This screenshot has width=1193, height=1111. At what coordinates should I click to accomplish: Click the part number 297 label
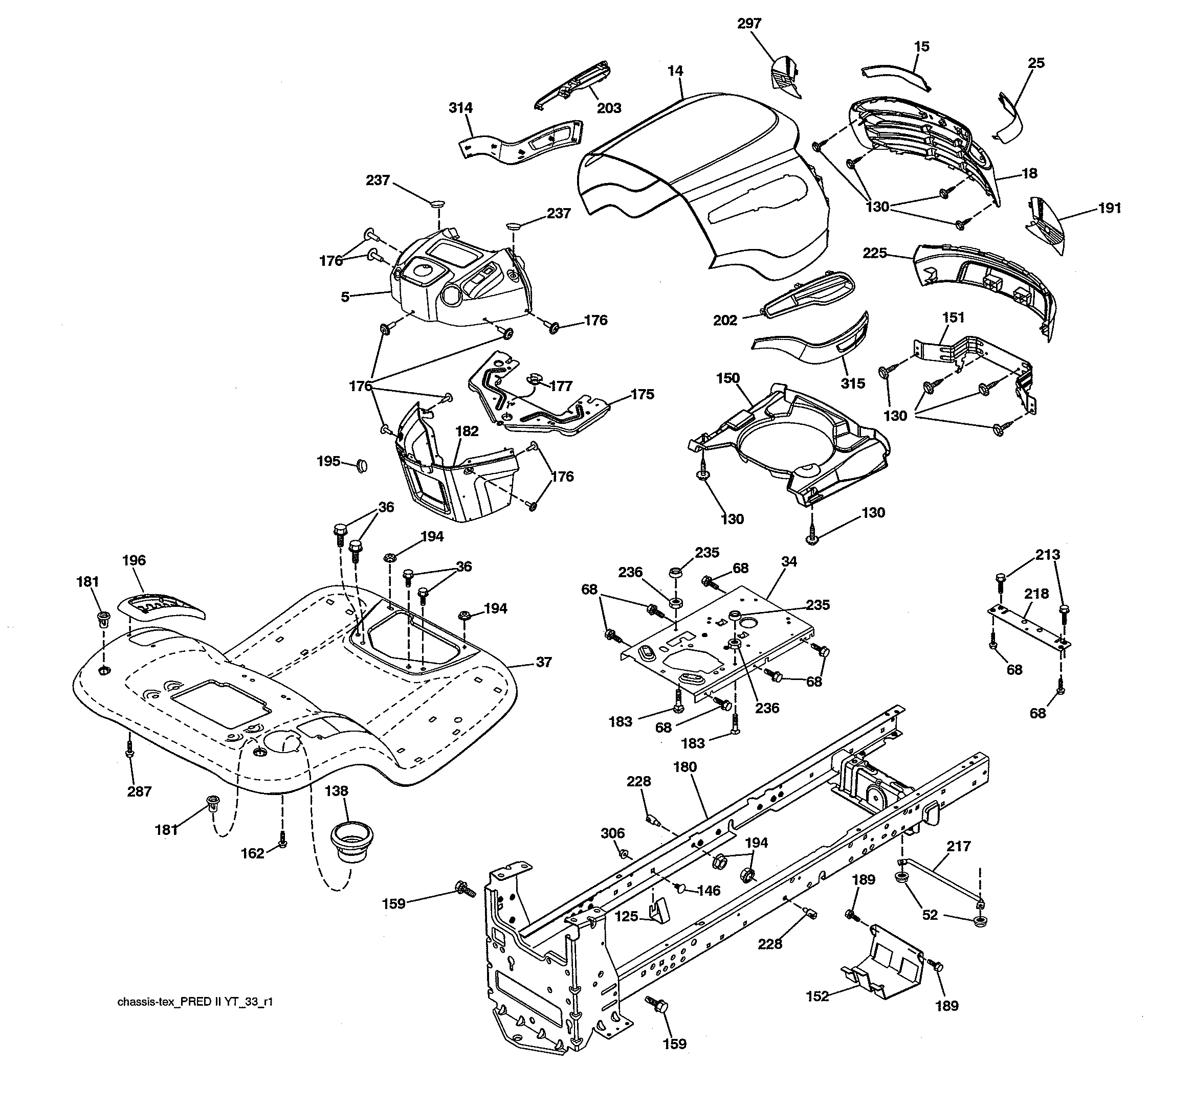point(749,24)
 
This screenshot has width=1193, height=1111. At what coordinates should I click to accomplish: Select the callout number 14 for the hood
point(675,71)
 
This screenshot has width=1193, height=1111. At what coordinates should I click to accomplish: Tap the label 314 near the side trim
point(460,108)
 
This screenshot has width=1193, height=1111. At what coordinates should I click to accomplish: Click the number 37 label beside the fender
point(544,662)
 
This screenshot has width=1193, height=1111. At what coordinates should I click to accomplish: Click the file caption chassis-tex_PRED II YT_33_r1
point(195,1002)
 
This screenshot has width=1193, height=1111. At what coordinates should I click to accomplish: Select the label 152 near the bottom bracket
point(817,996)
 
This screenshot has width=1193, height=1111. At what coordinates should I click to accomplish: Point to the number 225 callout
point(874,253)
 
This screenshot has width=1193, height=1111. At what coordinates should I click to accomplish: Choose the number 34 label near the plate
point(789,561)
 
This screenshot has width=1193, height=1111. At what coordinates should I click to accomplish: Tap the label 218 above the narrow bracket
point(1036,594)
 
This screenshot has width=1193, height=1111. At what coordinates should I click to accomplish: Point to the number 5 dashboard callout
point(345,297)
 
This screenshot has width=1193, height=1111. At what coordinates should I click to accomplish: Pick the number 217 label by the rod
point(958,847)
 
